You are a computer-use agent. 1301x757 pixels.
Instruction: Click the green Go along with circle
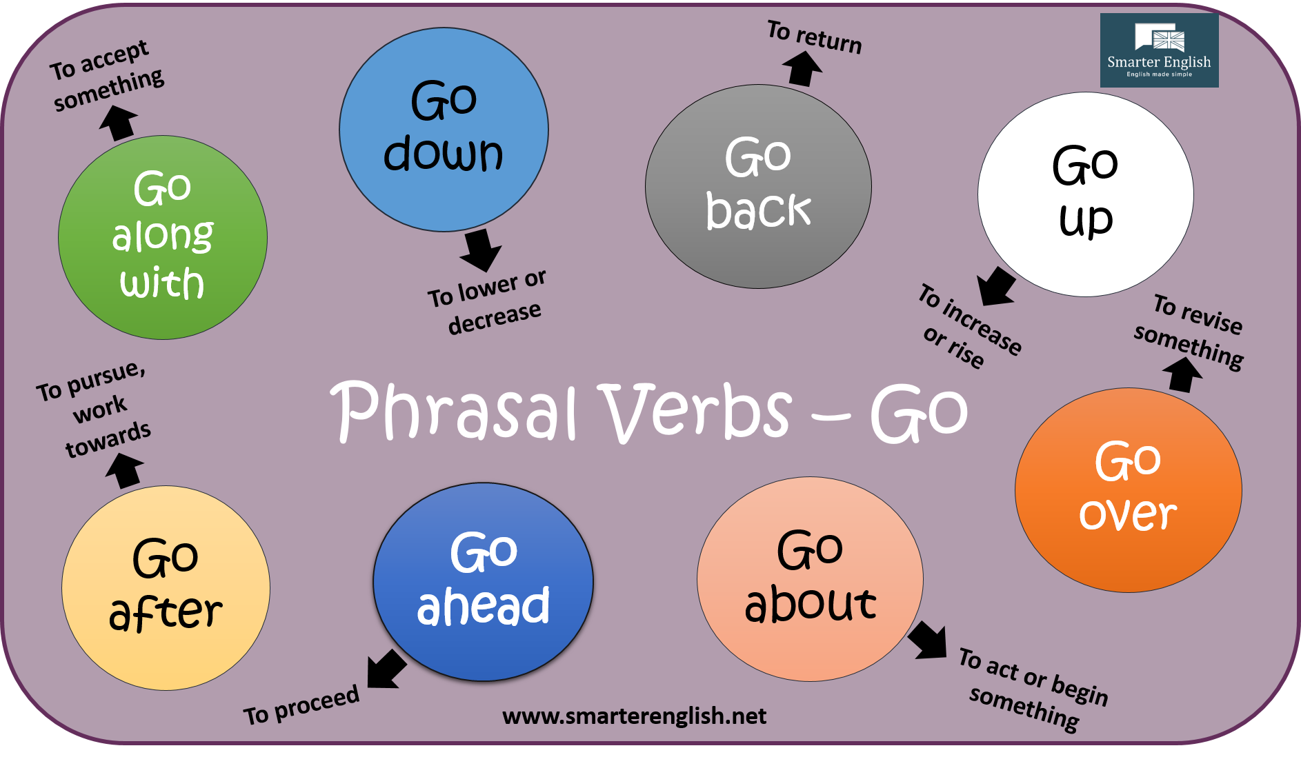coord(163,237)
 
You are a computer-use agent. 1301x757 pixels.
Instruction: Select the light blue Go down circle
coord(444,130)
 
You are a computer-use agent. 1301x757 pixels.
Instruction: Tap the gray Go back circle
coord(758,186)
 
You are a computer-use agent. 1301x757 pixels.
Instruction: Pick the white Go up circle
coord(1085,194)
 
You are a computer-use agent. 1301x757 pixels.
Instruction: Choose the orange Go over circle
coord(1128,489)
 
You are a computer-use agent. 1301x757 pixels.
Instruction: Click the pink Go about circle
coord(810,578)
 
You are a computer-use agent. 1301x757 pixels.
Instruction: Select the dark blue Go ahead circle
coord(483,581)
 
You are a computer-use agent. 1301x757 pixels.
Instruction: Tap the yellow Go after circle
coord(166,587)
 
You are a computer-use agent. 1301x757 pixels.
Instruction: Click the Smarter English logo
coord(1159,50)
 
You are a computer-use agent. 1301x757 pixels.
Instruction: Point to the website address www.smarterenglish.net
coord(634,716)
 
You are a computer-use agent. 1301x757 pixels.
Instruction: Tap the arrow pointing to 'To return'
coord(802,68)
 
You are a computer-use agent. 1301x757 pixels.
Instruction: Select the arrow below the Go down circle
coord(480,250)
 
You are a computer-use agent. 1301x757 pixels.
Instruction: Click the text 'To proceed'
coord(301,705)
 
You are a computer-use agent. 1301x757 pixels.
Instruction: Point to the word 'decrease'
coord(494,318)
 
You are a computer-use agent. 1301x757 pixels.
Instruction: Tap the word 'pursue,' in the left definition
coord(107,378)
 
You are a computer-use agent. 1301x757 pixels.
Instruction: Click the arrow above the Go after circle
coord(125,472)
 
